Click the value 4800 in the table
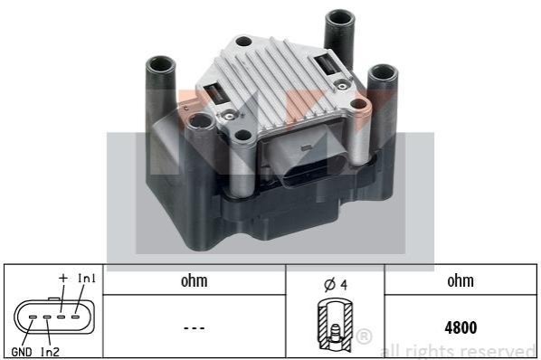point(460,327)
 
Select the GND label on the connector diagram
point(22,352)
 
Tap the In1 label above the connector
point(87,279)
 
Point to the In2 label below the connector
point(50,352)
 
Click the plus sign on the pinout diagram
point(62,278)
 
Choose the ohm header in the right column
point(460,281)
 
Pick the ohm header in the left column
point(195,281)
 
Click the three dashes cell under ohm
point(195,328)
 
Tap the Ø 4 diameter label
point(336,285)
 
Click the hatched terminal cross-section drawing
point(335,325)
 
